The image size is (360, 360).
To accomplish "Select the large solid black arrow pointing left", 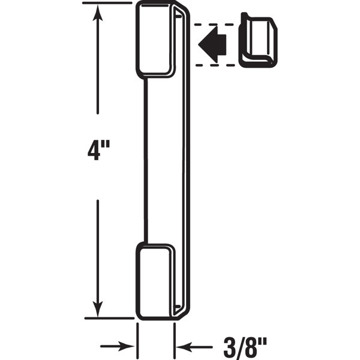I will pyautogui.click(x=212, y=44).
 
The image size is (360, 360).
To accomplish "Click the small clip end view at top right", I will pyautogui.click(x=259, y=40).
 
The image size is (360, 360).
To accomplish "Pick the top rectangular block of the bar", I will pyautogui.click(x=154, y=38).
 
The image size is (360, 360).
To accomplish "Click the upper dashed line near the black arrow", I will pyautogui.click(x=212, y=24).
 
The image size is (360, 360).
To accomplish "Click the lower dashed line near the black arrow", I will pyautogui.click(x=212, y=64).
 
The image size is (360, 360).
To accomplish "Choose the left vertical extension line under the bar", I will pyautogui.click(x=138, y=339).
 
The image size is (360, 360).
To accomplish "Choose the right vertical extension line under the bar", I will pyautogui.click(x=175, y=339).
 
